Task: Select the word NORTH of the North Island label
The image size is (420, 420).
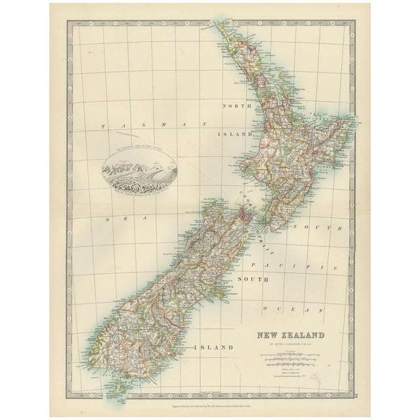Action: point(237,106)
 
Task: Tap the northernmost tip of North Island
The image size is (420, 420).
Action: point(217,28)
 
